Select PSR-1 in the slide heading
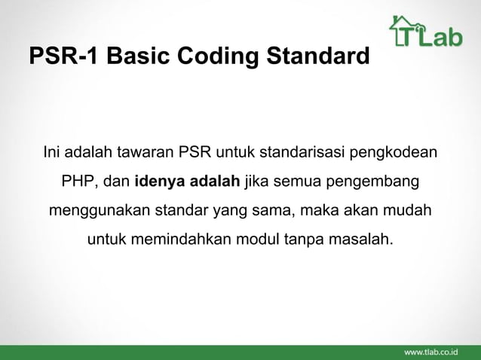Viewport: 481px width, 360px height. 56,57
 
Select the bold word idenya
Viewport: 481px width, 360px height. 160,182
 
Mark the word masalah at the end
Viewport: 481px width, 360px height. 364,241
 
